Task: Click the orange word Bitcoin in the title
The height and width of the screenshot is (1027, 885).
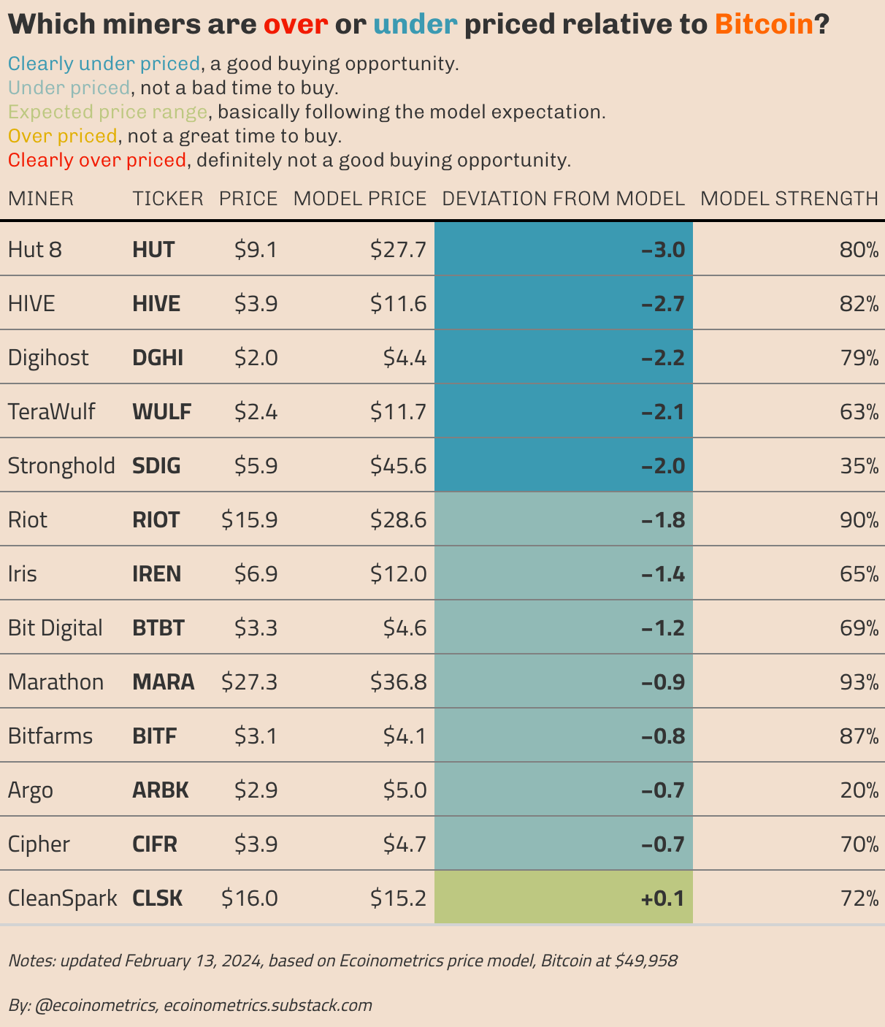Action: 764,25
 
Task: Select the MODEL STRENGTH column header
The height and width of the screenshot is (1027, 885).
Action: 789,199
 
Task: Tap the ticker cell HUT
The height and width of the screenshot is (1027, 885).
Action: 153,250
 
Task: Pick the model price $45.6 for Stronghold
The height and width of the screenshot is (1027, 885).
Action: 398,466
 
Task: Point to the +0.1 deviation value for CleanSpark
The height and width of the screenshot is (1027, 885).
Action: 662,898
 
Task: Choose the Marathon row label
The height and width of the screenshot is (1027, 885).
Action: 55,682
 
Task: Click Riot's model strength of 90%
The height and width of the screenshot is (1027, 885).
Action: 859,520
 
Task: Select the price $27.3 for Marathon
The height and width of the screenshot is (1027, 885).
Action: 249,682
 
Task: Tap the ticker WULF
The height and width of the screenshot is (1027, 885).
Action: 161,412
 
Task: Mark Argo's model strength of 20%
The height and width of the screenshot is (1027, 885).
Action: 859,790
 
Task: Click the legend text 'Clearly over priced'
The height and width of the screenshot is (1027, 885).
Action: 97,160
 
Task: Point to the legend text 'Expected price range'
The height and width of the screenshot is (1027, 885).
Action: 107,112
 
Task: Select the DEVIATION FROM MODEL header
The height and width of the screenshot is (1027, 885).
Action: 563,199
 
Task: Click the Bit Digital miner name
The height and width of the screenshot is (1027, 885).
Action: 55,628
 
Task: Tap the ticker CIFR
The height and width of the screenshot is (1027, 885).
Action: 155,844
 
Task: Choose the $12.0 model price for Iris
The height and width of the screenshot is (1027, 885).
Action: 398,574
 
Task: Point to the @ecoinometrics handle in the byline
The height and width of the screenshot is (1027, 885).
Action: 95,1005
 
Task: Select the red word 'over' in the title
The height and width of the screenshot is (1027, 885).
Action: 295,25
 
